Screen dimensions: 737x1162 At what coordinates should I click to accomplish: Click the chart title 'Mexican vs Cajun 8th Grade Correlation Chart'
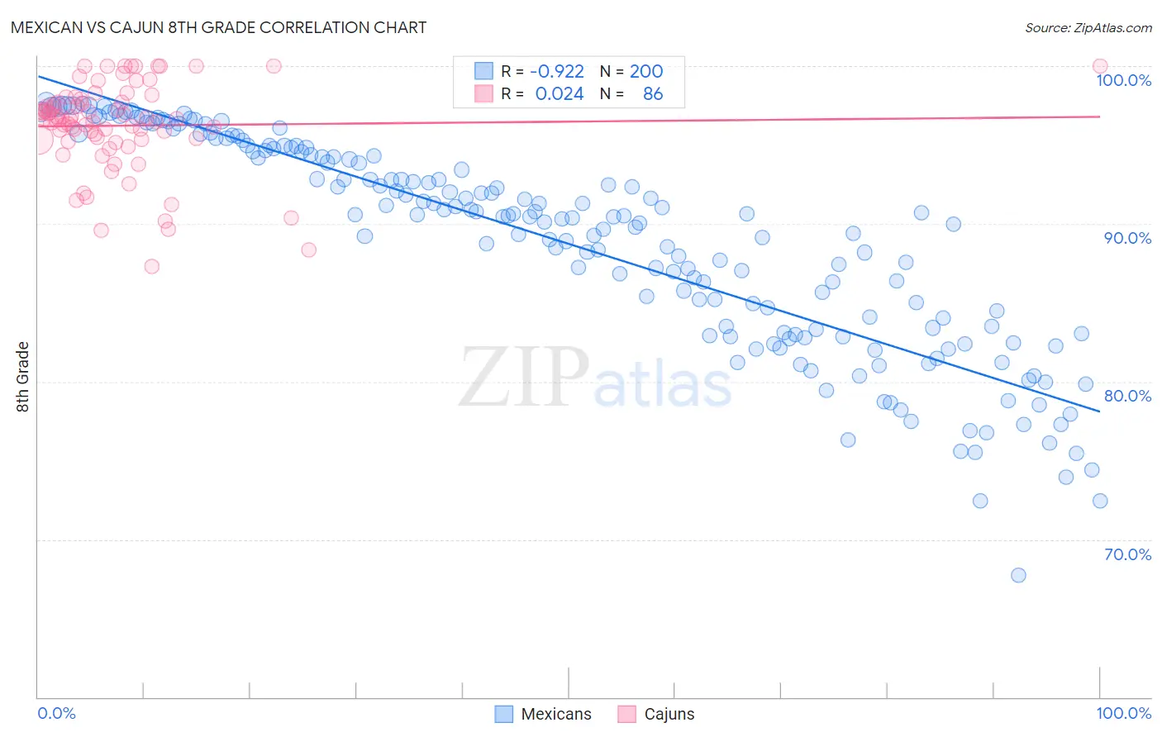[x=219, y=27]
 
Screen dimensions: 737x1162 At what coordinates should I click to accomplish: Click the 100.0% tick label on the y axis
[x=1123, y=80]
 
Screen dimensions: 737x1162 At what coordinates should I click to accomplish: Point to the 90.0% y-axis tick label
[x=1127, y=238]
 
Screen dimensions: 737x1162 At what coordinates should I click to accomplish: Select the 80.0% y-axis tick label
[x=1127, y=396]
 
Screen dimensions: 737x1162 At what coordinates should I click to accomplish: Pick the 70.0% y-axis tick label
[x=1127, y=554]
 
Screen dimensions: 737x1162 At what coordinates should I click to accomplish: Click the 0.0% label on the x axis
[x=56, y=713]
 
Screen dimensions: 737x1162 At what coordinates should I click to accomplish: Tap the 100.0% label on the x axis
[x=1123, y=713]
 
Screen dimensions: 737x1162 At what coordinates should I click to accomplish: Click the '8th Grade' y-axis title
[x=22, y=377]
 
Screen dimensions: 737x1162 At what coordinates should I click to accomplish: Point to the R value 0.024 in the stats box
[x=560, y=94]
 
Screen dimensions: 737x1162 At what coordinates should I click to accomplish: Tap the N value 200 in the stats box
[x=646, y=72]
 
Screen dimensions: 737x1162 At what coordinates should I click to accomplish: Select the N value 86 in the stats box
[x=653, y=94]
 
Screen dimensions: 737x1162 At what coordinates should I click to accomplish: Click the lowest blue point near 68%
[x=1018, y=575]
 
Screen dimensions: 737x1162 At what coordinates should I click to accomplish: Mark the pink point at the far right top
[x=1100, y=66]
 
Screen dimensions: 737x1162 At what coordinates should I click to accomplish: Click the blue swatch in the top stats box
[x=483, y=71]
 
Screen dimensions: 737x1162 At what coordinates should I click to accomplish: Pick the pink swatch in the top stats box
[x=483, y=93]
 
